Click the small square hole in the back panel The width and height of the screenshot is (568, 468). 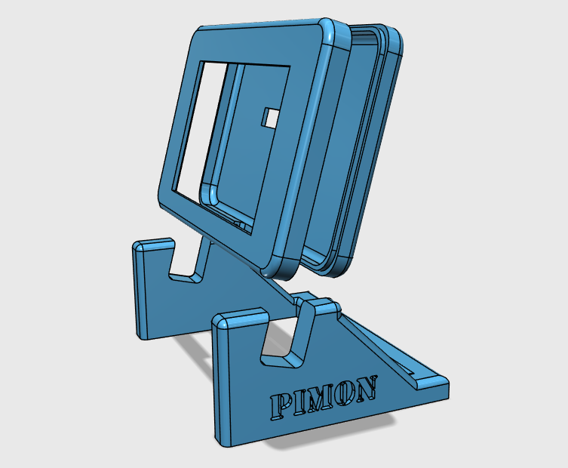click(x=269, y=118)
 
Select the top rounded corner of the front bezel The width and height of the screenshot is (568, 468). click(x=330, y=31)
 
